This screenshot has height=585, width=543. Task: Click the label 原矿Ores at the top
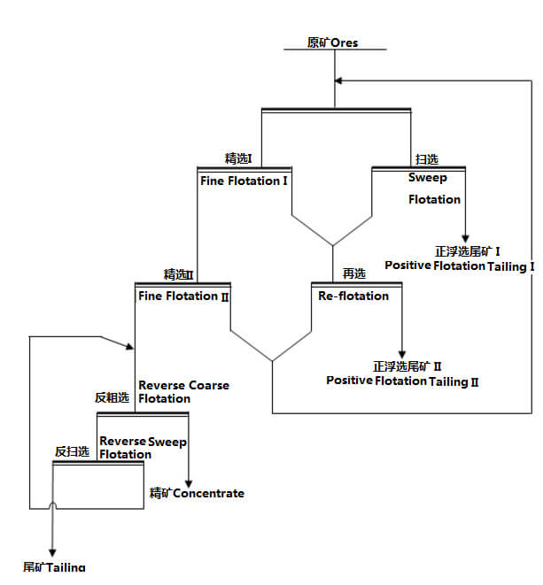point(332,42)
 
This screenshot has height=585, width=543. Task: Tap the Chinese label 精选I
point(238,158)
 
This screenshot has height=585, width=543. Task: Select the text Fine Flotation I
point(245,180)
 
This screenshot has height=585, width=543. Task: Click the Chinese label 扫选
point(427,159)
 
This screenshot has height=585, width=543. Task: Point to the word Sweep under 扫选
point(428,178)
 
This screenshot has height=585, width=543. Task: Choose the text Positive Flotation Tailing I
point(460,266)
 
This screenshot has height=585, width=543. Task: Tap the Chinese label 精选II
point(178,274)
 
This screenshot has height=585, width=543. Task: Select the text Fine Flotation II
point(184,296)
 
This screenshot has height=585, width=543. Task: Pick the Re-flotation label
point(353,296)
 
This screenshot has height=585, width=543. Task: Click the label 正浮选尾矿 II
point(407,366)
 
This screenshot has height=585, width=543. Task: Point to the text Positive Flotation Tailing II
point(402,381)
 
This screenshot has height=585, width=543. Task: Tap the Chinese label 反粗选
point(112,398)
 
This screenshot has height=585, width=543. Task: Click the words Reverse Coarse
point(183,385)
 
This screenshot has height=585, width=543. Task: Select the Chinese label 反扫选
point(72,451)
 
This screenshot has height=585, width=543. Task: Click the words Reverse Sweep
point(143,441)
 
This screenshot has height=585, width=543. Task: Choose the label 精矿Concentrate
point(197,493)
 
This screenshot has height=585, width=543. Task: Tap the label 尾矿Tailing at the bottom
point(55,566)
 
